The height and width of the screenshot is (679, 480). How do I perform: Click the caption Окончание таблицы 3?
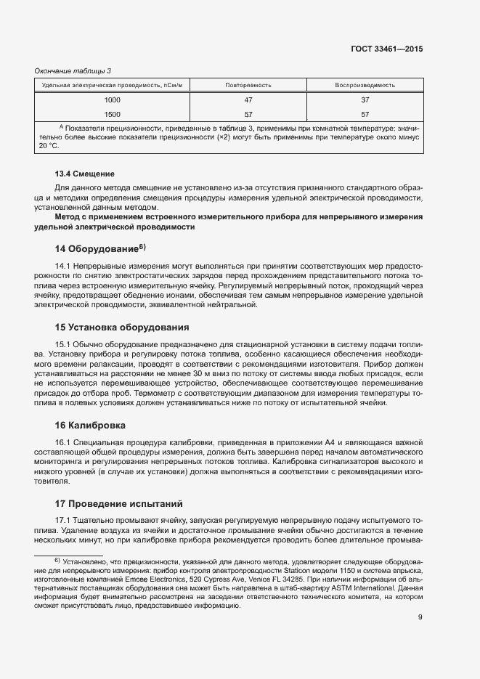73,70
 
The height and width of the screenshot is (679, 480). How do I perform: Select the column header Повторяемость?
248,85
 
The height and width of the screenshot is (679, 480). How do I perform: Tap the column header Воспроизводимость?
365,85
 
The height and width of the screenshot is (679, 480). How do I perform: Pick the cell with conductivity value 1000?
113,100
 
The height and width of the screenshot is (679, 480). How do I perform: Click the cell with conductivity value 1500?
113,114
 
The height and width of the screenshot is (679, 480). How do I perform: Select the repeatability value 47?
248,100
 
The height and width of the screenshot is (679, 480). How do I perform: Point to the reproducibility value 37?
365,100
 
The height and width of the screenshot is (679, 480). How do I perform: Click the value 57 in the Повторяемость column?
248,114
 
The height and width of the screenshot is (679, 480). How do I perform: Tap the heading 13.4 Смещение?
85,174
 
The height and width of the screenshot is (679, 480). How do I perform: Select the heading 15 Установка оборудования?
122,327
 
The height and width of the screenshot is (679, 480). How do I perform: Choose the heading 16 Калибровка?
91,425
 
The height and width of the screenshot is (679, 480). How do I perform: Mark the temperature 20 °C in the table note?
48,145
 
